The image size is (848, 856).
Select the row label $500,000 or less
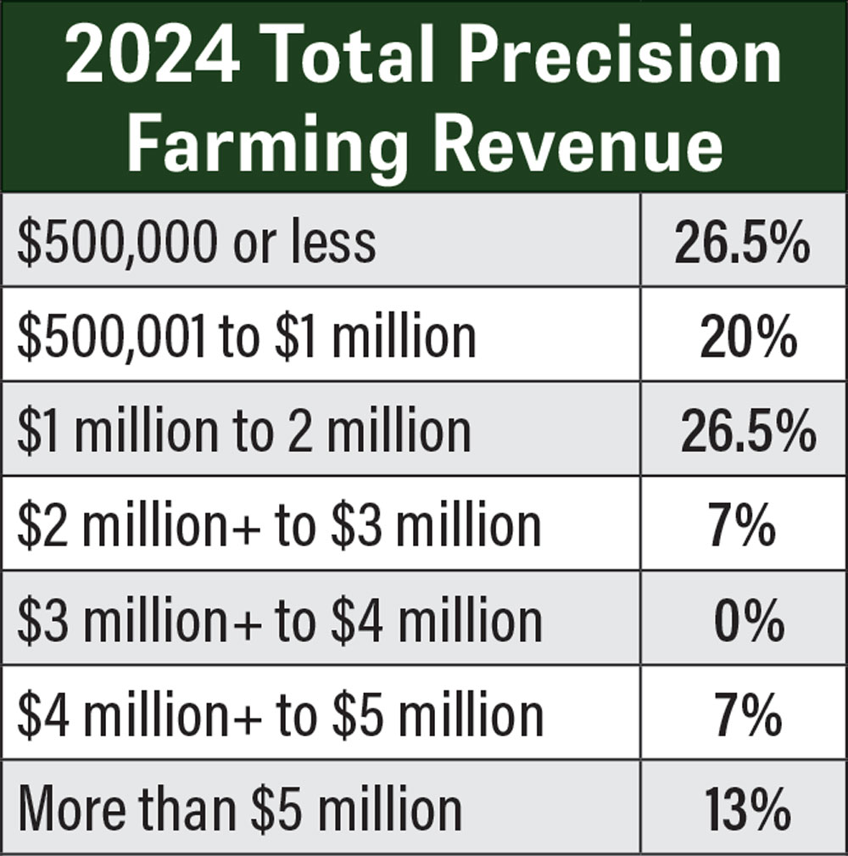pyautogui.click(x=196, y=242)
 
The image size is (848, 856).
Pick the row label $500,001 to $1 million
pyautogui.click(x=246, y=336)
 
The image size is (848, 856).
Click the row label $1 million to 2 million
pyautogui.click(x=243, y=430)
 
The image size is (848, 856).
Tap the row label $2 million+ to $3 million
pyautogui.click(x=279, y=525)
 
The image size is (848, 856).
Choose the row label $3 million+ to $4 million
pyautogui.click(x=280, y=619)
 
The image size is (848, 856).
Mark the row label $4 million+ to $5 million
pyautogui.click(x=280, y=714)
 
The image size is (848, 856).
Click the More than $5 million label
pyautogui.click(x=240, y=808)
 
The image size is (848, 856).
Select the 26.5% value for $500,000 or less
pyautogui.click(x=742, y=243)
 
